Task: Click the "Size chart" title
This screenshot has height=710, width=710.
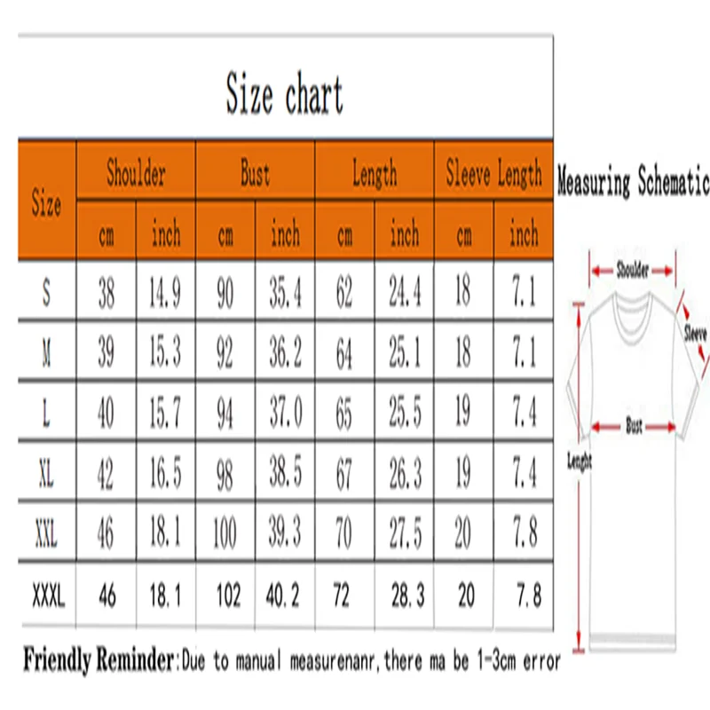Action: [x=284, y=96]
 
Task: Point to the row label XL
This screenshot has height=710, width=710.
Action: [x=46, y=475]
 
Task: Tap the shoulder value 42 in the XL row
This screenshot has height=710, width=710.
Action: [x=106, y=475]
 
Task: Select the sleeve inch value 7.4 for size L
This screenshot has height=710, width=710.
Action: [x=524, y=414]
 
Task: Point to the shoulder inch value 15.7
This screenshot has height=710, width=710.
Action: [x=165, y=414]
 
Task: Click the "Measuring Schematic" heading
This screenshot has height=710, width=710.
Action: [x=633, y=184]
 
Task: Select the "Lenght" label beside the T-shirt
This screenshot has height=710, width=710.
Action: [x=579, y=461]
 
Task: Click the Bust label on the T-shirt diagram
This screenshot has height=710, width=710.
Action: [x=634, y=427]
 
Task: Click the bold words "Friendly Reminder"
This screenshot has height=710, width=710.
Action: [x=98, y=661]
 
